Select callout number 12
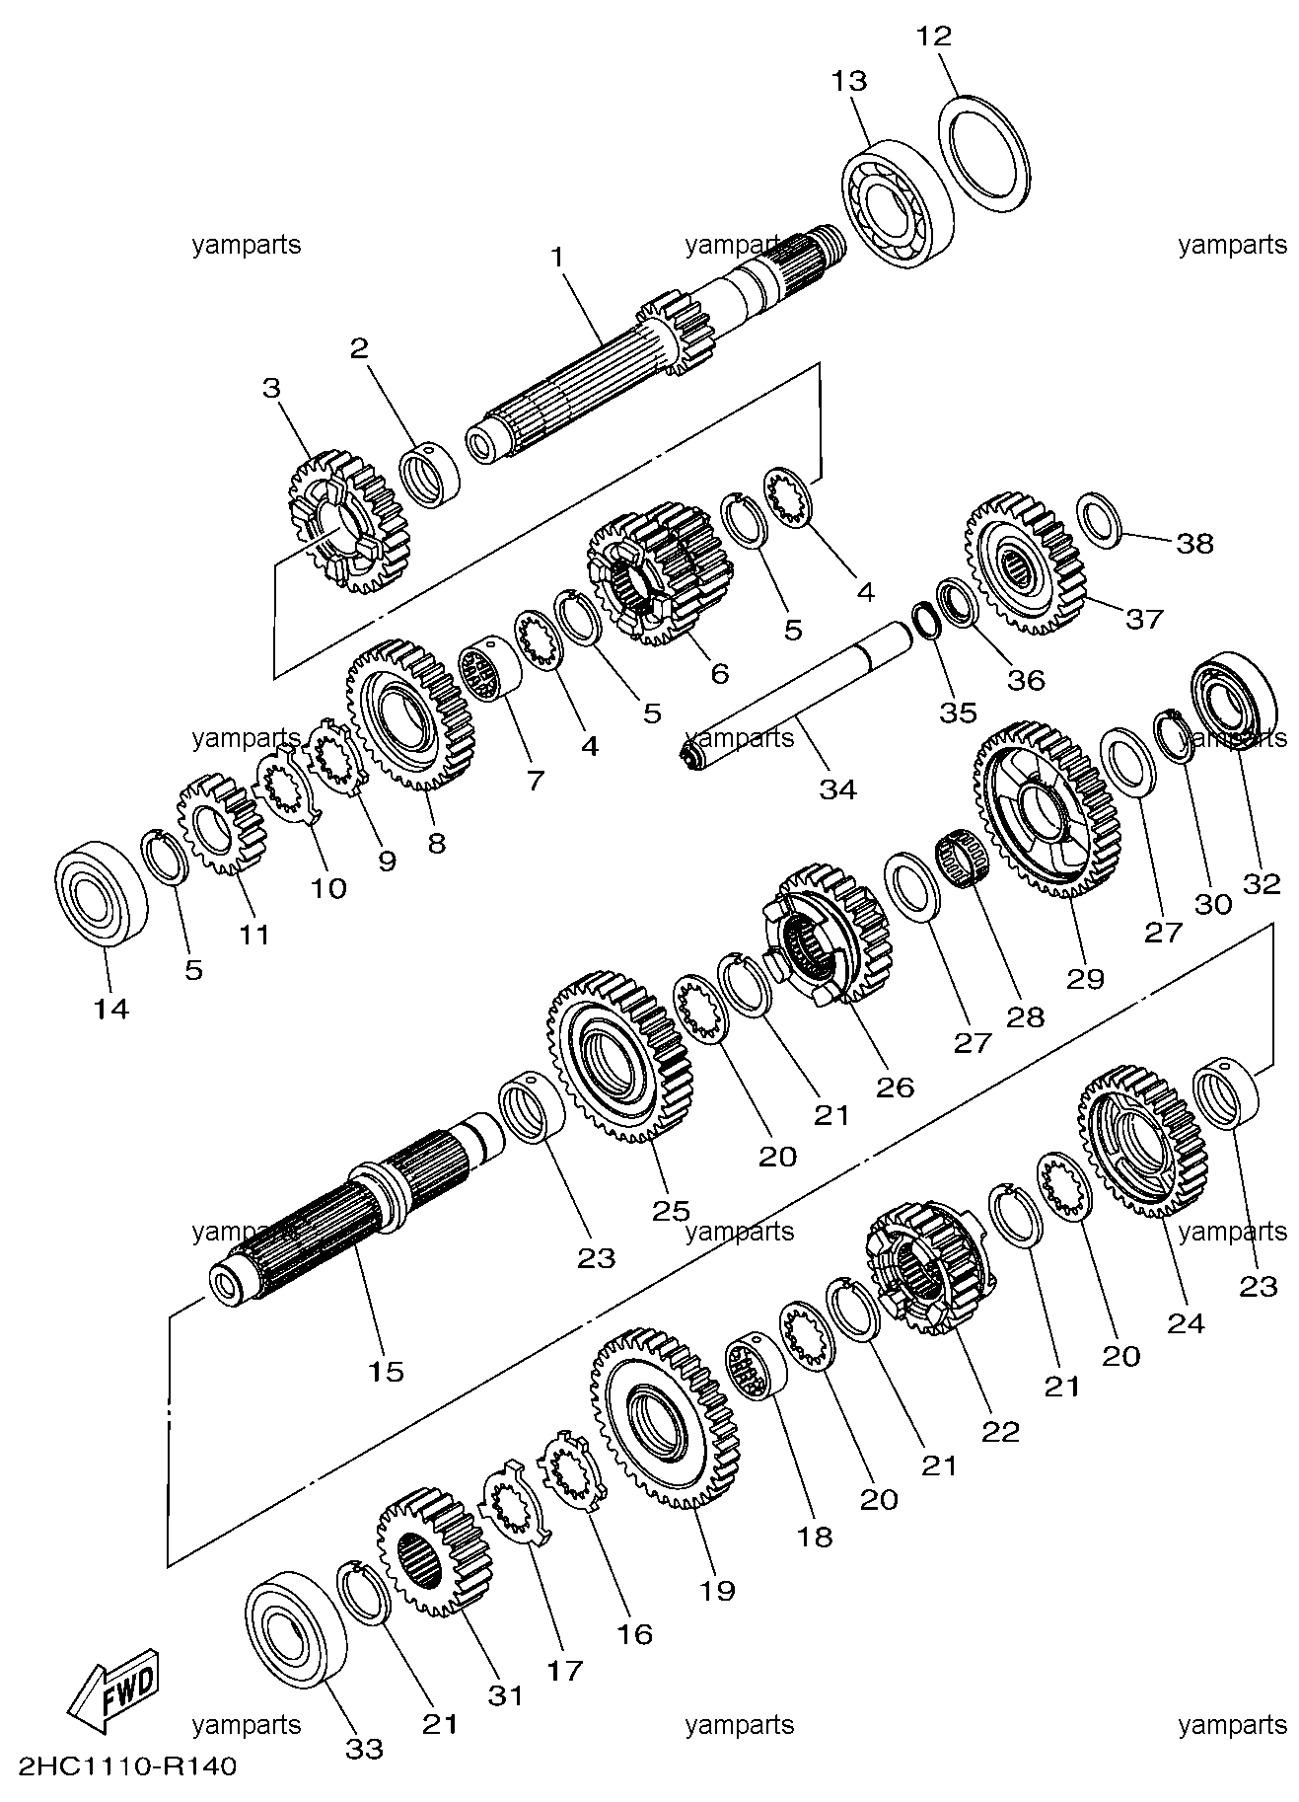(933, 37)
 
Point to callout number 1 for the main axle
(557, 258)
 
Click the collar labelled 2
(430, 475)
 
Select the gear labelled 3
(347, 522)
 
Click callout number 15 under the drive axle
(386, 1371)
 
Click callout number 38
(1194, 543)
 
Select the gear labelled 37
(1024, 564)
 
